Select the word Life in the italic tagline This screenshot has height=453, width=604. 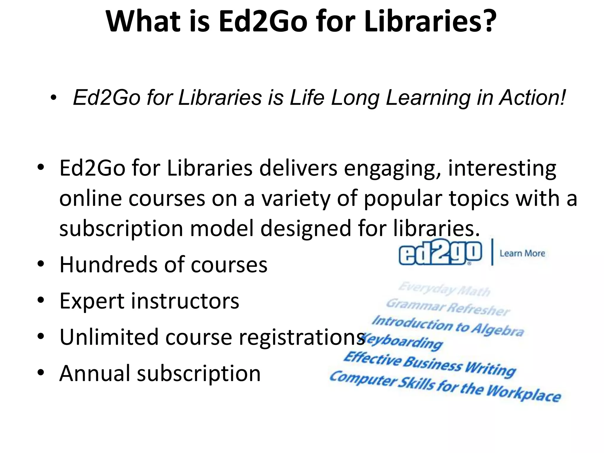coord(307,98)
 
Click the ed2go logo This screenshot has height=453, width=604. coord(440,253)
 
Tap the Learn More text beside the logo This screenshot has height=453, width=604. coord(522,253)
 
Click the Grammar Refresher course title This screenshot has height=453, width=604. coord(448,307)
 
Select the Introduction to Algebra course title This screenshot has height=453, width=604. coord(448,326)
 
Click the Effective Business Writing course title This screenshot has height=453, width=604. coord(429,365)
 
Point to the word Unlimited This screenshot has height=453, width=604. coord(109,337)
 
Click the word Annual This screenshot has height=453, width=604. coord(95,373)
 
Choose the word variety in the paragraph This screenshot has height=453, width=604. coord(296,198)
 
